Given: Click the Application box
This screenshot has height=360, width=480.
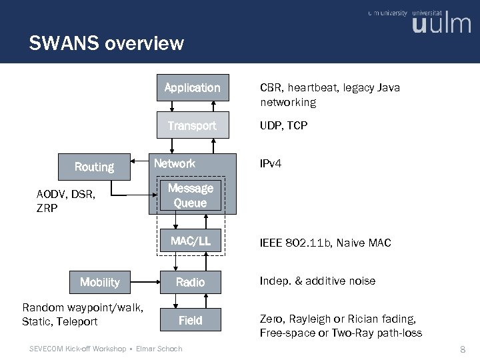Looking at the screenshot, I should click(192, 88).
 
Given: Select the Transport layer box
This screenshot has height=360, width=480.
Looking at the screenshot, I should click(192, 125).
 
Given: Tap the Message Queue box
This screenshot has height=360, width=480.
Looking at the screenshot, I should click(191, 196).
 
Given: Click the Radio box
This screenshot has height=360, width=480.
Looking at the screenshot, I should click(191, 283).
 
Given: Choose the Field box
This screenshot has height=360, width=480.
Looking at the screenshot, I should click(191, 321).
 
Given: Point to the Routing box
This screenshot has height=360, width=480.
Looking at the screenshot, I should click(94, 167).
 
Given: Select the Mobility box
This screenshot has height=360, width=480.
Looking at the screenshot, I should click(99, 282).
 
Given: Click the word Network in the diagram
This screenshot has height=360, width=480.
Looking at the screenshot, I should click(175, 163).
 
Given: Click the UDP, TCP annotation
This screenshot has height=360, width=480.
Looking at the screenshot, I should click(283, 125).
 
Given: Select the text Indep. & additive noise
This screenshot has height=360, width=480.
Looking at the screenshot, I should click(317, 281).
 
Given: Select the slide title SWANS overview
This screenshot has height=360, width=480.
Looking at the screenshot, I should click(106, 44).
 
